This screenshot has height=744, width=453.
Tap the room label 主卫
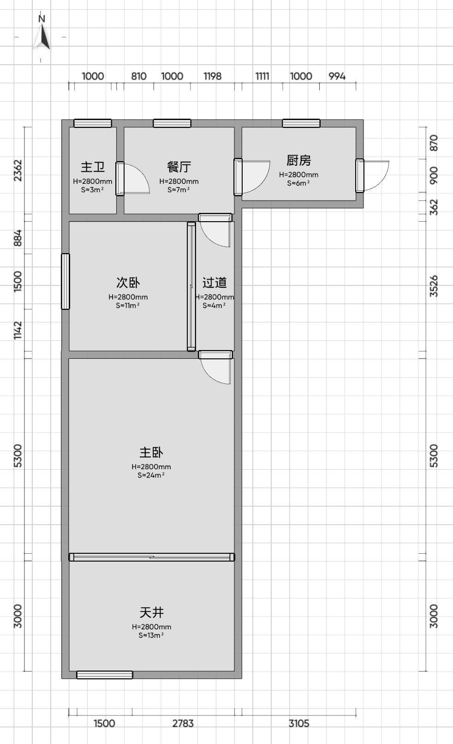click(93, 167)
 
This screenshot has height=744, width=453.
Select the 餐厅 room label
click(179, 167)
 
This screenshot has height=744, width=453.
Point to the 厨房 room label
click(298, 160)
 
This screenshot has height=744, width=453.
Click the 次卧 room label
click(128, 283)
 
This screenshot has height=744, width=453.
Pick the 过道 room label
click(215, 283)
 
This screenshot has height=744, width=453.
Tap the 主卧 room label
click(151, 453)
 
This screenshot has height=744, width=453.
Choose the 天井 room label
click(151, 612)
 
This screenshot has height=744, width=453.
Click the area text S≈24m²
click(151, 475)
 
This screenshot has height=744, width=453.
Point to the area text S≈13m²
click(151, 635)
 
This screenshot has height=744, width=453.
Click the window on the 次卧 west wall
click(66, 281)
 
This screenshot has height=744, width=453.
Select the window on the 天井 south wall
click(105, 675)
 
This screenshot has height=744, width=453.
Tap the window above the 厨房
click(301, 123)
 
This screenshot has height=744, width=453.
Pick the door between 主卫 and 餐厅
click(132, 178)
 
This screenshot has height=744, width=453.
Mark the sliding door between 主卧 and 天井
click(152, 557)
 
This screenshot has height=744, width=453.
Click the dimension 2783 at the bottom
click(183, 723)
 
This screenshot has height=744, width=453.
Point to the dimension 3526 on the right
click(434, 286)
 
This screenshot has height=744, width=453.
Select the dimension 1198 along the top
click(212, 76)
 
